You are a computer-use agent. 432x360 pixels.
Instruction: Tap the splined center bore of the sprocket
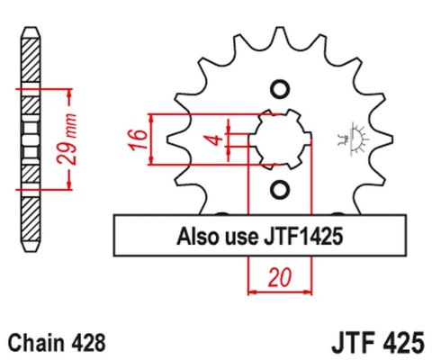pyautogui.click(x=277, y=139)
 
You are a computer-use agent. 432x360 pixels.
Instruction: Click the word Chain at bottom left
pyautogui.click(x=33, y=343)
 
